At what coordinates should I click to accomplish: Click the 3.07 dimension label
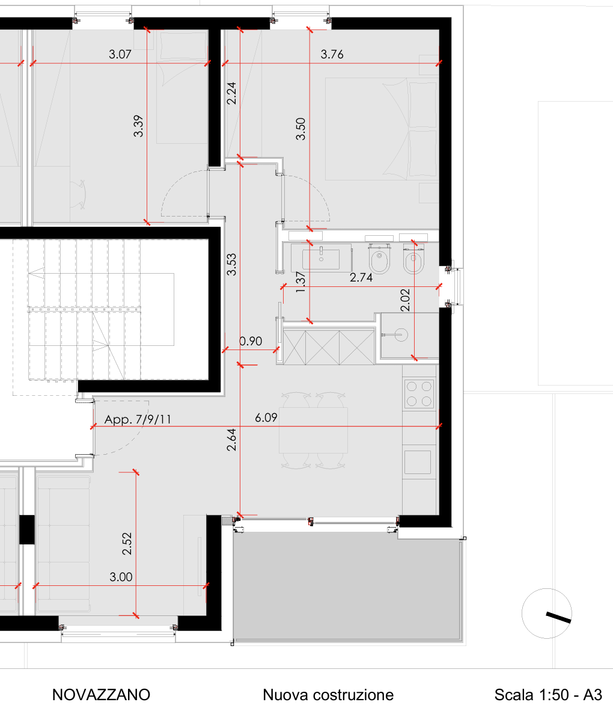click(x=120, y=54)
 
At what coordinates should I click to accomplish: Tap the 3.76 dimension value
click(x=332, y=54)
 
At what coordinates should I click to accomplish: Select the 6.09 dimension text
click(x=266, y=417)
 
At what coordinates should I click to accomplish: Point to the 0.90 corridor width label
click(x=251, y=341)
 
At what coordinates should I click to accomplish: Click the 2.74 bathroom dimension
click(x=361, y=277)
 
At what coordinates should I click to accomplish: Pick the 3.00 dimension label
click(x=121, y=577)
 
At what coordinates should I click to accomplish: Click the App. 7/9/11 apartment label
click(x=138, y=419)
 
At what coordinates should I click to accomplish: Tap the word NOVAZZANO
click(x=101, y=695)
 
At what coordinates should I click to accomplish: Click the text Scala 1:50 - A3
click(x=548, y=695)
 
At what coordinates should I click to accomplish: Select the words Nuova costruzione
click(x=328, y=695)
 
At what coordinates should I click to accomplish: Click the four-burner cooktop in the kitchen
click(x=419, y=393)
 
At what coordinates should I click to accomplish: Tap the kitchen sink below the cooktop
click(x=418, y=462)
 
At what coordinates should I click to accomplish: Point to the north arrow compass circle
click(x=546, y=614)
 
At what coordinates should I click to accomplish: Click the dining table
click(x=314, y=430)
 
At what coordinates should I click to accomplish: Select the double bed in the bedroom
click(x=381, y=129)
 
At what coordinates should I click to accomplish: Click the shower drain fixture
click(x=401, y=334)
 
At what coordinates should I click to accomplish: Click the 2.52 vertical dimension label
click(x=127, y=544)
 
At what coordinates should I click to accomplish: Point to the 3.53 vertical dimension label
click(x=231, y=265)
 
